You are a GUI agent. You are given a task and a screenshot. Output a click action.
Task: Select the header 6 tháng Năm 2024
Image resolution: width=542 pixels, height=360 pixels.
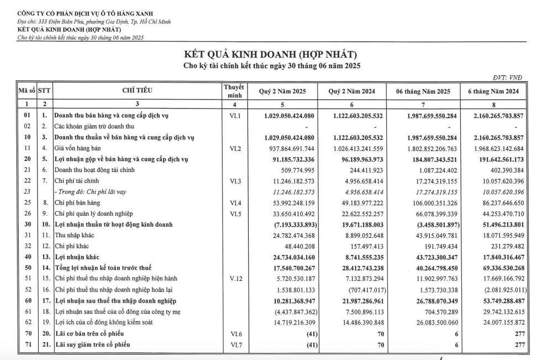[x=493, y=91]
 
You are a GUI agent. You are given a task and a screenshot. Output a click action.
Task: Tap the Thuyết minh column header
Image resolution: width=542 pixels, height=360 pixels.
[x=234, y=91]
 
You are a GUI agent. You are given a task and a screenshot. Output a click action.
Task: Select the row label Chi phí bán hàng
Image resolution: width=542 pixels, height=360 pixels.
[x=78, y=202]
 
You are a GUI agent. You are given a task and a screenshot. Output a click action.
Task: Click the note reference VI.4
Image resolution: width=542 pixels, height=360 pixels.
[x=234, y=202]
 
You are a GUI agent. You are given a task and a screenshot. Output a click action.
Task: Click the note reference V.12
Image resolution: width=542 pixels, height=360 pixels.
[x=234, y=278]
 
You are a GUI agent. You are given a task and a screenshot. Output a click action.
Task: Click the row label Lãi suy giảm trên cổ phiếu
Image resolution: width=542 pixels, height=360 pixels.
[x=94, y=345]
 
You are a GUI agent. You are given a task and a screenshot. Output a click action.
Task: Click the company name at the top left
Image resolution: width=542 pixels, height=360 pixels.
[x=86, y=13]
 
